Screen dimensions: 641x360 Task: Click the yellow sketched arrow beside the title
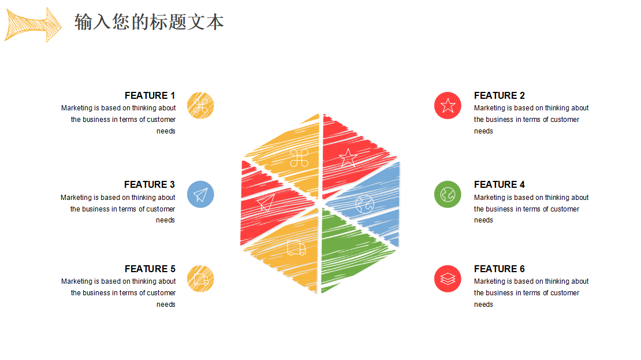(x=33, y=24)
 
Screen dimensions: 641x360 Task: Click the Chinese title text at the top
(x=149, y=22)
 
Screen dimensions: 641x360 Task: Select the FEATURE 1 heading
(x=150, y=95)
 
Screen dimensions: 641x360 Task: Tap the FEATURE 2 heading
(x=499, y=95)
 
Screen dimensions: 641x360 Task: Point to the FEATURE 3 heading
(x=149, y=184)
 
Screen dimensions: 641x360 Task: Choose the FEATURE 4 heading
(x=499, y=184)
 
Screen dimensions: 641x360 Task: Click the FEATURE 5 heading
(x=150, y=269)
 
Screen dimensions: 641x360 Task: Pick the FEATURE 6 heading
(x=499, y=269)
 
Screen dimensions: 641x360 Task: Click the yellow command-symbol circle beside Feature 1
(x=200, y=106)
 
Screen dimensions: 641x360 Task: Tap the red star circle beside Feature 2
(x=448, y=106)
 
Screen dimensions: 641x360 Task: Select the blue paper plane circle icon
(x=200, y=194)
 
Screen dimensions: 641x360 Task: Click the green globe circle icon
(x=448, y=194)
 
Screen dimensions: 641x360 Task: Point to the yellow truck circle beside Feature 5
(x=200, y=279)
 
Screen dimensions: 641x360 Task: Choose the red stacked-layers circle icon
(x=448, y=279)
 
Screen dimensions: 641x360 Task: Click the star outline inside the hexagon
(x=348, y=158)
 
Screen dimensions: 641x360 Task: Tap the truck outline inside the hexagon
(x=296, y=248)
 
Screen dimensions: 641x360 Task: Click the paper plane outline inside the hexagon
(x=266, y=202)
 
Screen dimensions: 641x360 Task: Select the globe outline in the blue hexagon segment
(x=364, y=204)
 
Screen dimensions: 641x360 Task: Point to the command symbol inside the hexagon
(x=299, y=158)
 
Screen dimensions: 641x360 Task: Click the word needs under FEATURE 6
(x=483, y=305)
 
